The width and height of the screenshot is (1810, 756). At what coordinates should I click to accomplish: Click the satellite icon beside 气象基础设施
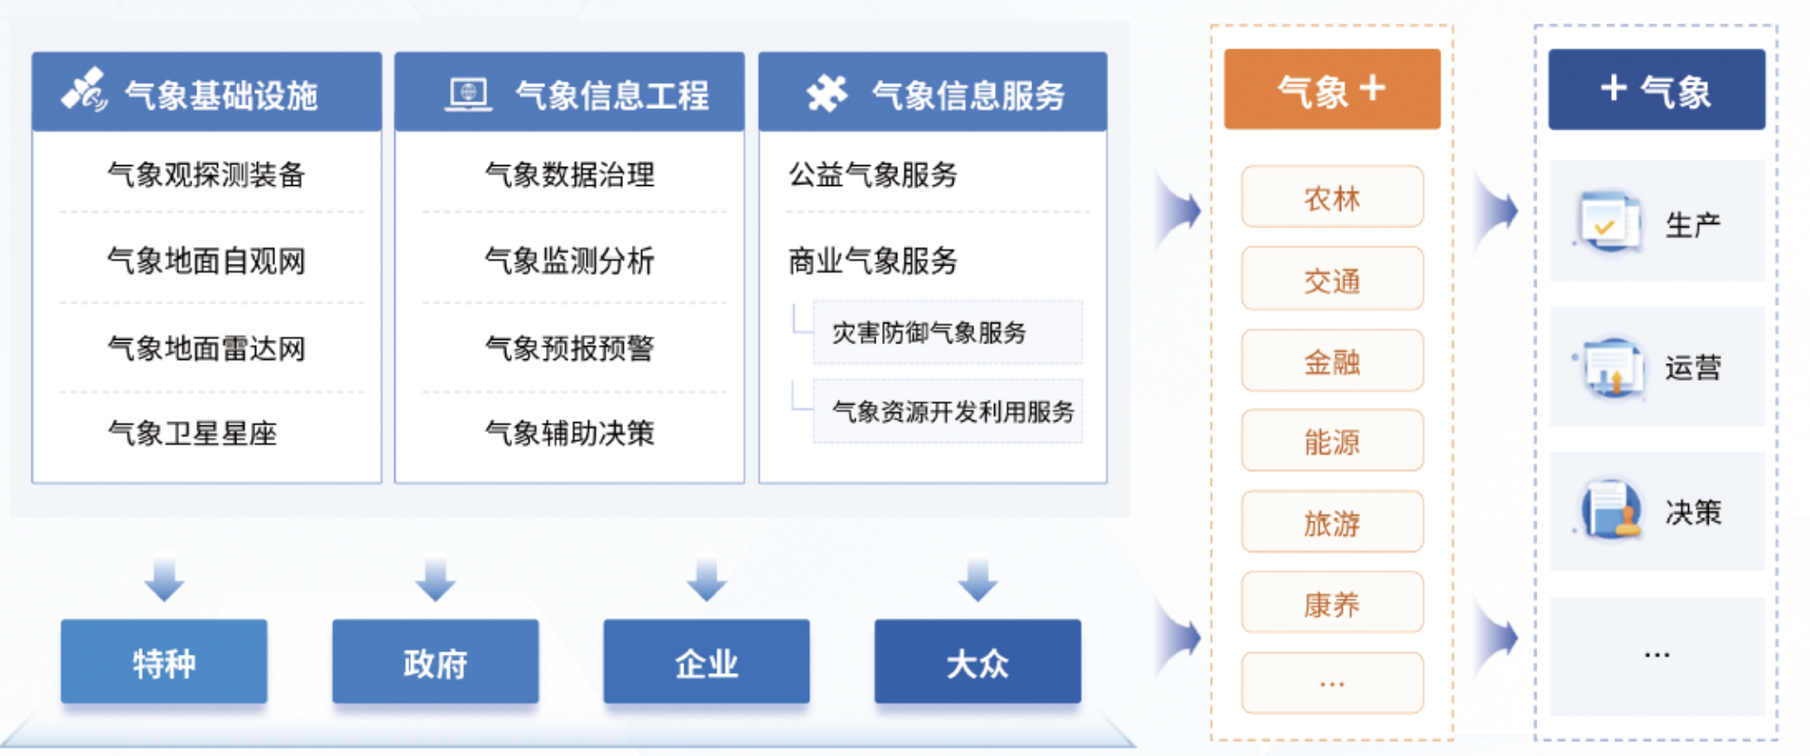pos(85,91)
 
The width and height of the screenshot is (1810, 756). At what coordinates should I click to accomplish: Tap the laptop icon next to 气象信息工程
pos(468,93)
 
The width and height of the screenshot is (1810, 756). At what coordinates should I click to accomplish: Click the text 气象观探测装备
pos(206,175)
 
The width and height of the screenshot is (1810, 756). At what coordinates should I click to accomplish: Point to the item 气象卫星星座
pos(192,432)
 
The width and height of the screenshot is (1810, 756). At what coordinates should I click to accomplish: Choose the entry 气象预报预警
pos(569,348)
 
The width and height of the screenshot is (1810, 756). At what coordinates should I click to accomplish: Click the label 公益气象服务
pos(872,175)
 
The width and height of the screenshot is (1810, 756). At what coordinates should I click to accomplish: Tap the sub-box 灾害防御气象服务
pos(947,332)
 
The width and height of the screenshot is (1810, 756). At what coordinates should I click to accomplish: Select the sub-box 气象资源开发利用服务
pos(947,411)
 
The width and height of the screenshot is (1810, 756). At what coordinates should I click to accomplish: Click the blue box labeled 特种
pos(164,662)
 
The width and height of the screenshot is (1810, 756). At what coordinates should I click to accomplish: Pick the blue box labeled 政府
pos(435,662)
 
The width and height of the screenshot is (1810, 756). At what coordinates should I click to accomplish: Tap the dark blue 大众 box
pos(978,662)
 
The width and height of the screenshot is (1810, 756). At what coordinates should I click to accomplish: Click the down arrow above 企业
pos(707,580)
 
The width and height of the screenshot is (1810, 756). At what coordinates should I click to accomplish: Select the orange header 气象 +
pos(1332,89)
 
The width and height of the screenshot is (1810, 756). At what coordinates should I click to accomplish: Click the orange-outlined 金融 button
pos(1332,361)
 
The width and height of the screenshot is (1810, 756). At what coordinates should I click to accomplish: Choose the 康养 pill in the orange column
pos(1332,603)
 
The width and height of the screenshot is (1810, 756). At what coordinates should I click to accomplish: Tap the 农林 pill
pos(1332,197)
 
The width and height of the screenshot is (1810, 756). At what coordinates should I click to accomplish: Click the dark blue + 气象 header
pos(1657,89)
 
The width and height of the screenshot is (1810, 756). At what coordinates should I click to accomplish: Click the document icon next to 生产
pos(1608,221)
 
